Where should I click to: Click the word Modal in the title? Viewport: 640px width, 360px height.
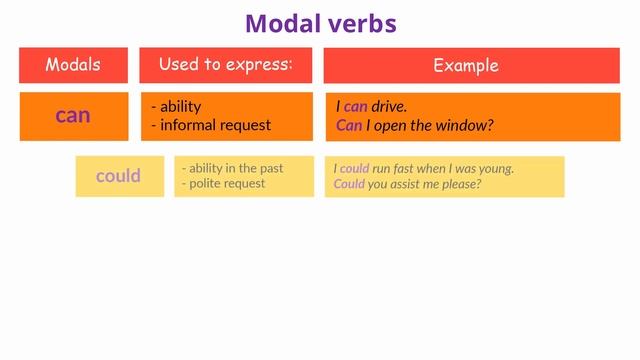pyautogui.click(x=283, y=22)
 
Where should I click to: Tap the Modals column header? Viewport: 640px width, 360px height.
pyautogui.click(x=73, y=65)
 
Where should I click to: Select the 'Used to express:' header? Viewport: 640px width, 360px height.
pyautogui.click(x=225, y=65)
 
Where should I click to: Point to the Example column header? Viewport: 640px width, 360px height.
pyautogui.click(x=465, y=66)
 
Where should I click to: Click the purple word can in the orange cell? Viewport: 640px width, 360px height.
pyautogui.click(x=73, y=116)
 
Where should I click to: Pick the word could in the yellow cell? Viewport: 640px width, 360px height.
pyautogui.click(x=118, y=176)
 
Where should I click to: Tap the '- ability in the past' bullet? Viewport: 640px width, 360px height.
pyautogui.click(x=232, y=168)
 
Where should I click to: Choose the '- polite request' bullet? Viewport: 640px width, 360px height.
pyautogui.click(x=225, y=184)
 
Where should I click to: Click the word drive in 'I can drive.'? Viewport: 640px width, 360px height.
pyautogui.click(x=388, y=106)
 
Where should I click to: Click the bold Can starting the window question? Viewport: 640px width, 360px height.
pyautogui.click(x=349, y=125)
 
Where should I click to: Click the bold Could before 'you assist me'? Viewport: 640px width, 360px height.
pyautogui.click(x=349, y=184)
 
